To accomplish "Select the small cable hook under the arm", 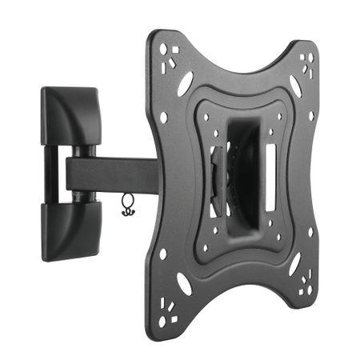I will [x=126, y=206].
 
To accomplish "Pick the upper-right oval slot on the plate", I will [x=294, y=87].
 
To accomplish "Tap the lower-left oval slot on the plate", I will [x=185, y=282].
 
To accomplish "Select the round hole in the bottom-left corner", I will [x=162, y=320].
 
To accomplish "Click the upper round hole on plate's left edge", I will [x=164, y=118].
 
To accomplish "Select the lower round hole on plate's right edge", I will [x=310, y=233].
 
